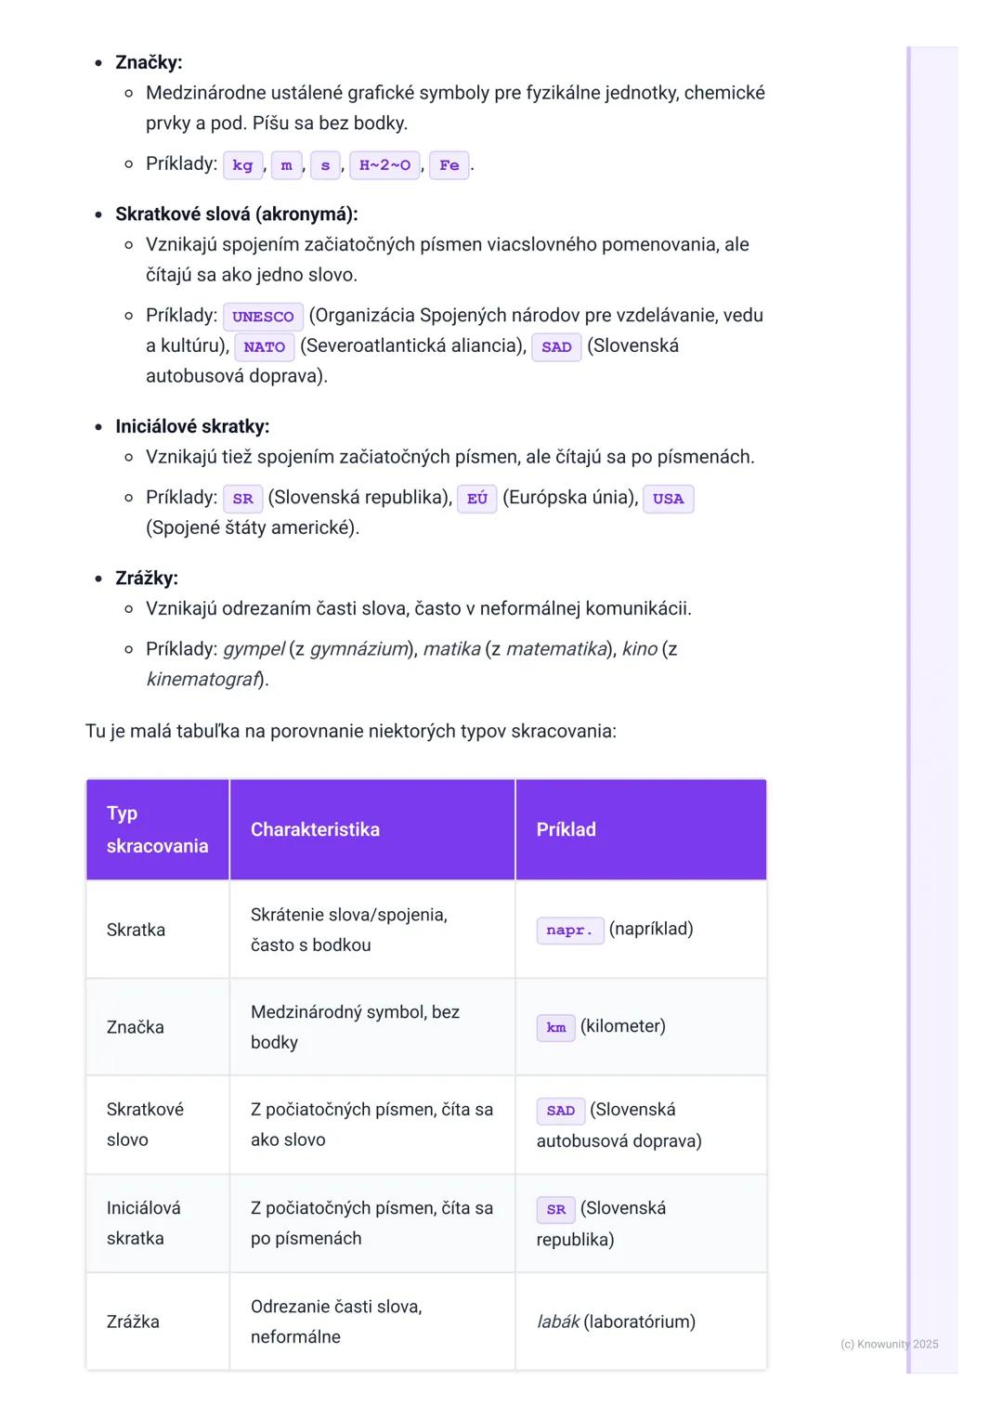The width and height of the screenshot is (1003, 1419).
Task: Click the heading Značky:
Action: pos(149,62)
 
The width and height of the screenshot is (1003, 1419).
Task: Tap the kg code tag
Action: pos(242,165)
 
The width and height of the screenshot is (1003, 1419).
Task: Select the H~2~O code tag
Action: pos(384,165)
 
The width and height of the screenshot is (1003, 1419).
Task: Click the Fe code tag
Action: pos(449,165)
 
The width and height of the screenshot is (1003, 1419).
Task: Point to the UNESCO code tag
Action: pos(263,317)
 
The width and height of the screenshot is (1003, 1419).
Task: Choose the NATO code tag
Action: pos(264,347)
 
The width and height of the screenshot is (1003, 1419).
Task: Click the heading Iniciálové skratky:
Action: pos(192,426)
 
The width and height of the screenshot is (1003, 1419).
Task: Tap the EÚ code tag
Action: pos(477,499)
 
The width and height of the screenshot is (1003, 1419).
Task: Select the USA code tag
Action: pos(668,499)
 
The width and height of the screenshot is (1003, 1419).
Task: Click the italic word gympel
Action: pos(254,649)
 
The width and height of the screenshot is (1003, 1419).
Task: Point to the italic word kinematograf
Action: pos(202,679)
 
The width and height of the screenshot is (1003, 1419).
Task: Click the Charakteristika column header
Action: pos(315,829)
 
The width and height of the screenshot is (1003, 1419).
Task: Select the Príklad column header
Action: pos(566,829)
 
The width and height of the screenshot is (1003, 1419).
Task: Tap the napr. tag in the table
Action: pos(569,931)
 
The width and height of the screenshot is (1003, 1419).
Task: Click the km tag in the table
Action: pos(555,1028)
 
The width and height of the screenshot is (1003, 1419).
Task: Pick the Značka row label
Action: pos(136,1027)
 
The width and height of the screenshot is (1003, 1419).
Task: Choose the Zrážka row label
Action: pos(133,1321)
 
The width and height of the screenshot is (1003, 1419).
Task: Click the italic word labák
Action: pos(558,1321)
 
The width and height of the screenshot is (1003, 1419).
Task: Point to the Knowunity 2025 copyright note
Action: pos(889,1344)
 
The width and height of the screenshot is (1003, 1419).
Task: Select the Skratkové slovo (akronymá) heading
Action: pos(236,214)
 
